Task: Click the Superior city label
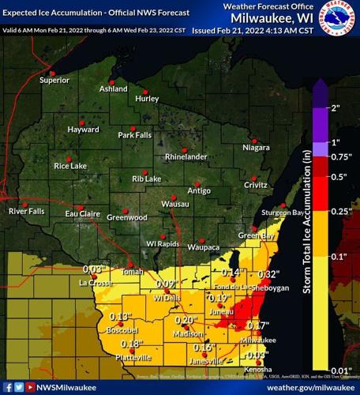(x=54, y=80)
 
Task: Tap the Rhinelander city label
(x=186, y=156)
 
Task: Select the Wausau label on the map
(x=163, y=205)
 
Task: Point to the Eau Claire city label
(x=82, y=213)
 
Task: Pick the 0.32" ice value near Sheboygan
(x=268, y=274)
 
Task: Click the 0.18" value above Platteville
(x=131, y=344)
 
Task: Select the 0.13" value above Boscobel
(x=119, y=317)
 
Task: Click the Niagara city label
(x=256, y=147)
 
